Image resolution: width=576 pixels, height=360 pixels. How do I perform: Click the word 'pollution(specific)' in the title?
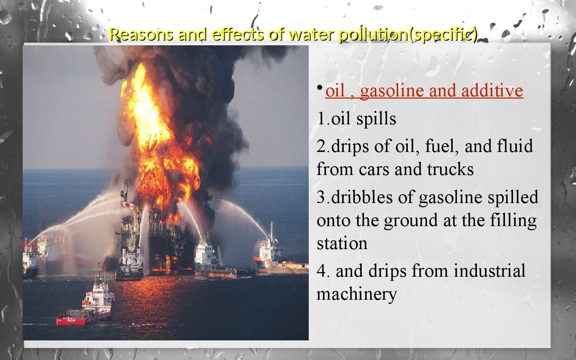[408, 34]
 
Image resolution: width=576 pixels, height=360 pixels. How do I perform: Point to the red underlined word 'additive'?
[492, 91]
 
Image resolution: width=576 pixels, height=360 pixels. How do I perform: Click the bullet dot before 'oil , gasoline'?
[319, 87]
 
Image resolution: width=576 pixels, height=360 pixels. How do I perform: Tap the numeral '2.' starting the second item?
[323, 146]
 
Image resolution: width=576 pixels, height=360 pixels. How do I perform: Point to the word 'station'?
[342, 244]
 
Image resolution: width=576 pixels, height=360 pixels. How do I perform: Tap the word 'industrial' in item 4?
[489, 271]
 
